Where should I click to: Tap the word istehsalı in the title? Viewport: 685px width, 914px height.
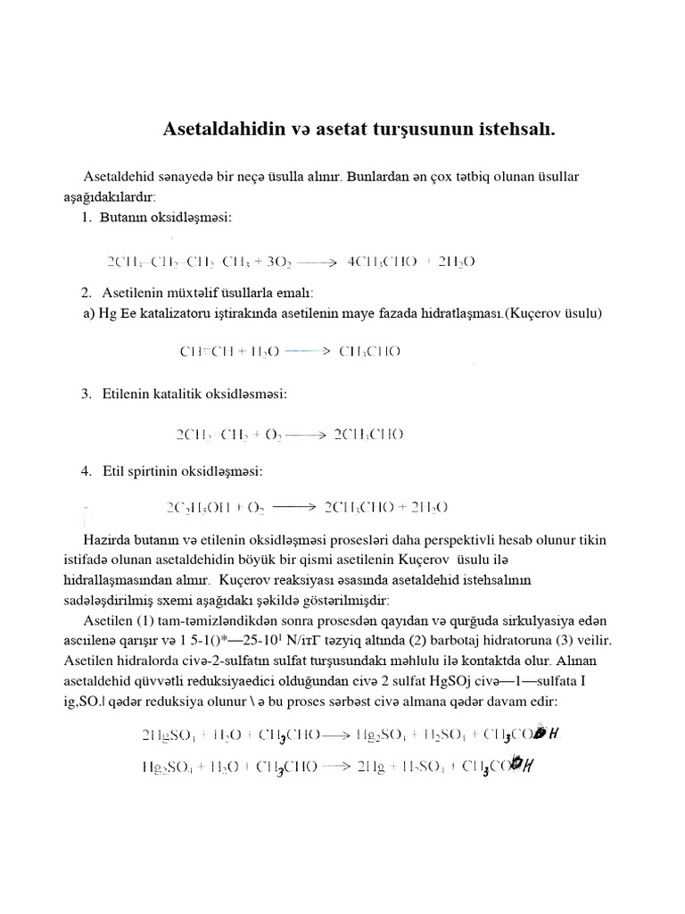pyautogui.click(x=512, y=129)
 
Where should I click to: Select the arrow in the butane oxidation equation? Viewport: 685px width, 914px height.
pyautogui.click(x=316, y=262)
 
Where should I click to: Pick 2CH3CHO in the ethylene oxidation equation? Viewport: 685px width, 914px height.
pyautogui.click(x=368, y=435)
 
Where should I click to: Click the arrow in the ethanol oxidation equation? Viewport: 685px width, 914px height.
pyautogui.click(x=294, y=507)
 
